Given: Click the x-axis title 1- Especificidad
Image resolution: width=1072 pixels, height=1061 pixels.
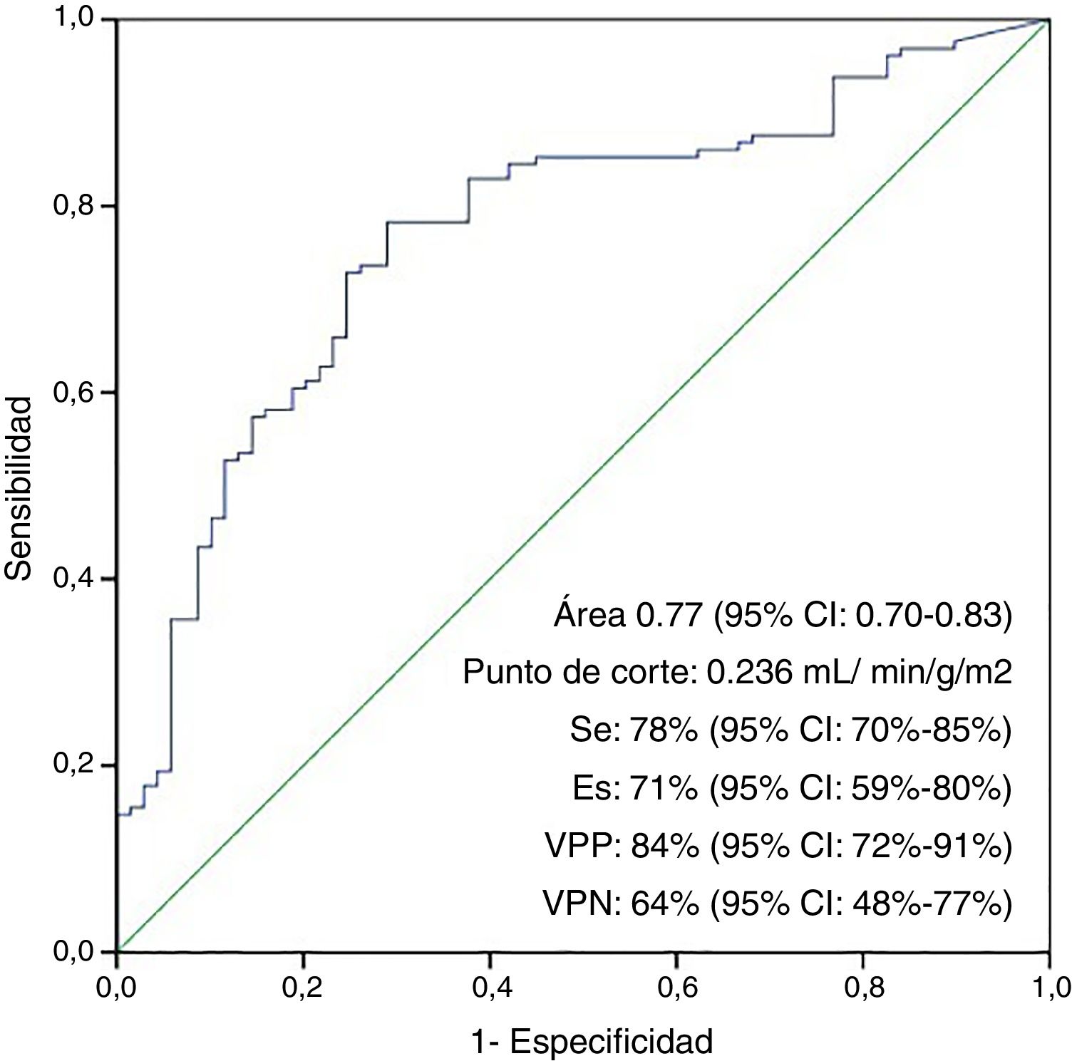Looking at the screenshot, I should [592, 1042].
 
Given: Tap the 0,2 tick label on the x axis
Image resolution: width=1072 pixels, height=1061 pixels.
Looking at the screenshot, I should [303, 989].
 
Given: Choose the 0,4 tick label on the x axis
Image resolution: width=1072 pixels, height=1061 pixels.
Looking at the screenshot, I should [490, 989].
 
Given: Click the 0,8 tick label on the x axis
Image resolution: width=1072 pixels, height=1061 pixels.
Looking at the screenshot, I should [862, 989].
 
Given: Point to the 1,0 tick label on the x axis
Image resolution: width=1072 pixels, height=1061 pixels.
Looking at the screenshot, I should [1048, 989].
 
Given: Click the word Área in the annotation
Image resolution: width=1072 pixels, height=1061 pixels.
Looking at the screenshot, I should [589, 614].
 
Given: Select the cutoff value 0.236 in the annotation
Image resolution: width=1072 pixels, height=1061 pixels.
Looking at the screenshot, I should [748, 672].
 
